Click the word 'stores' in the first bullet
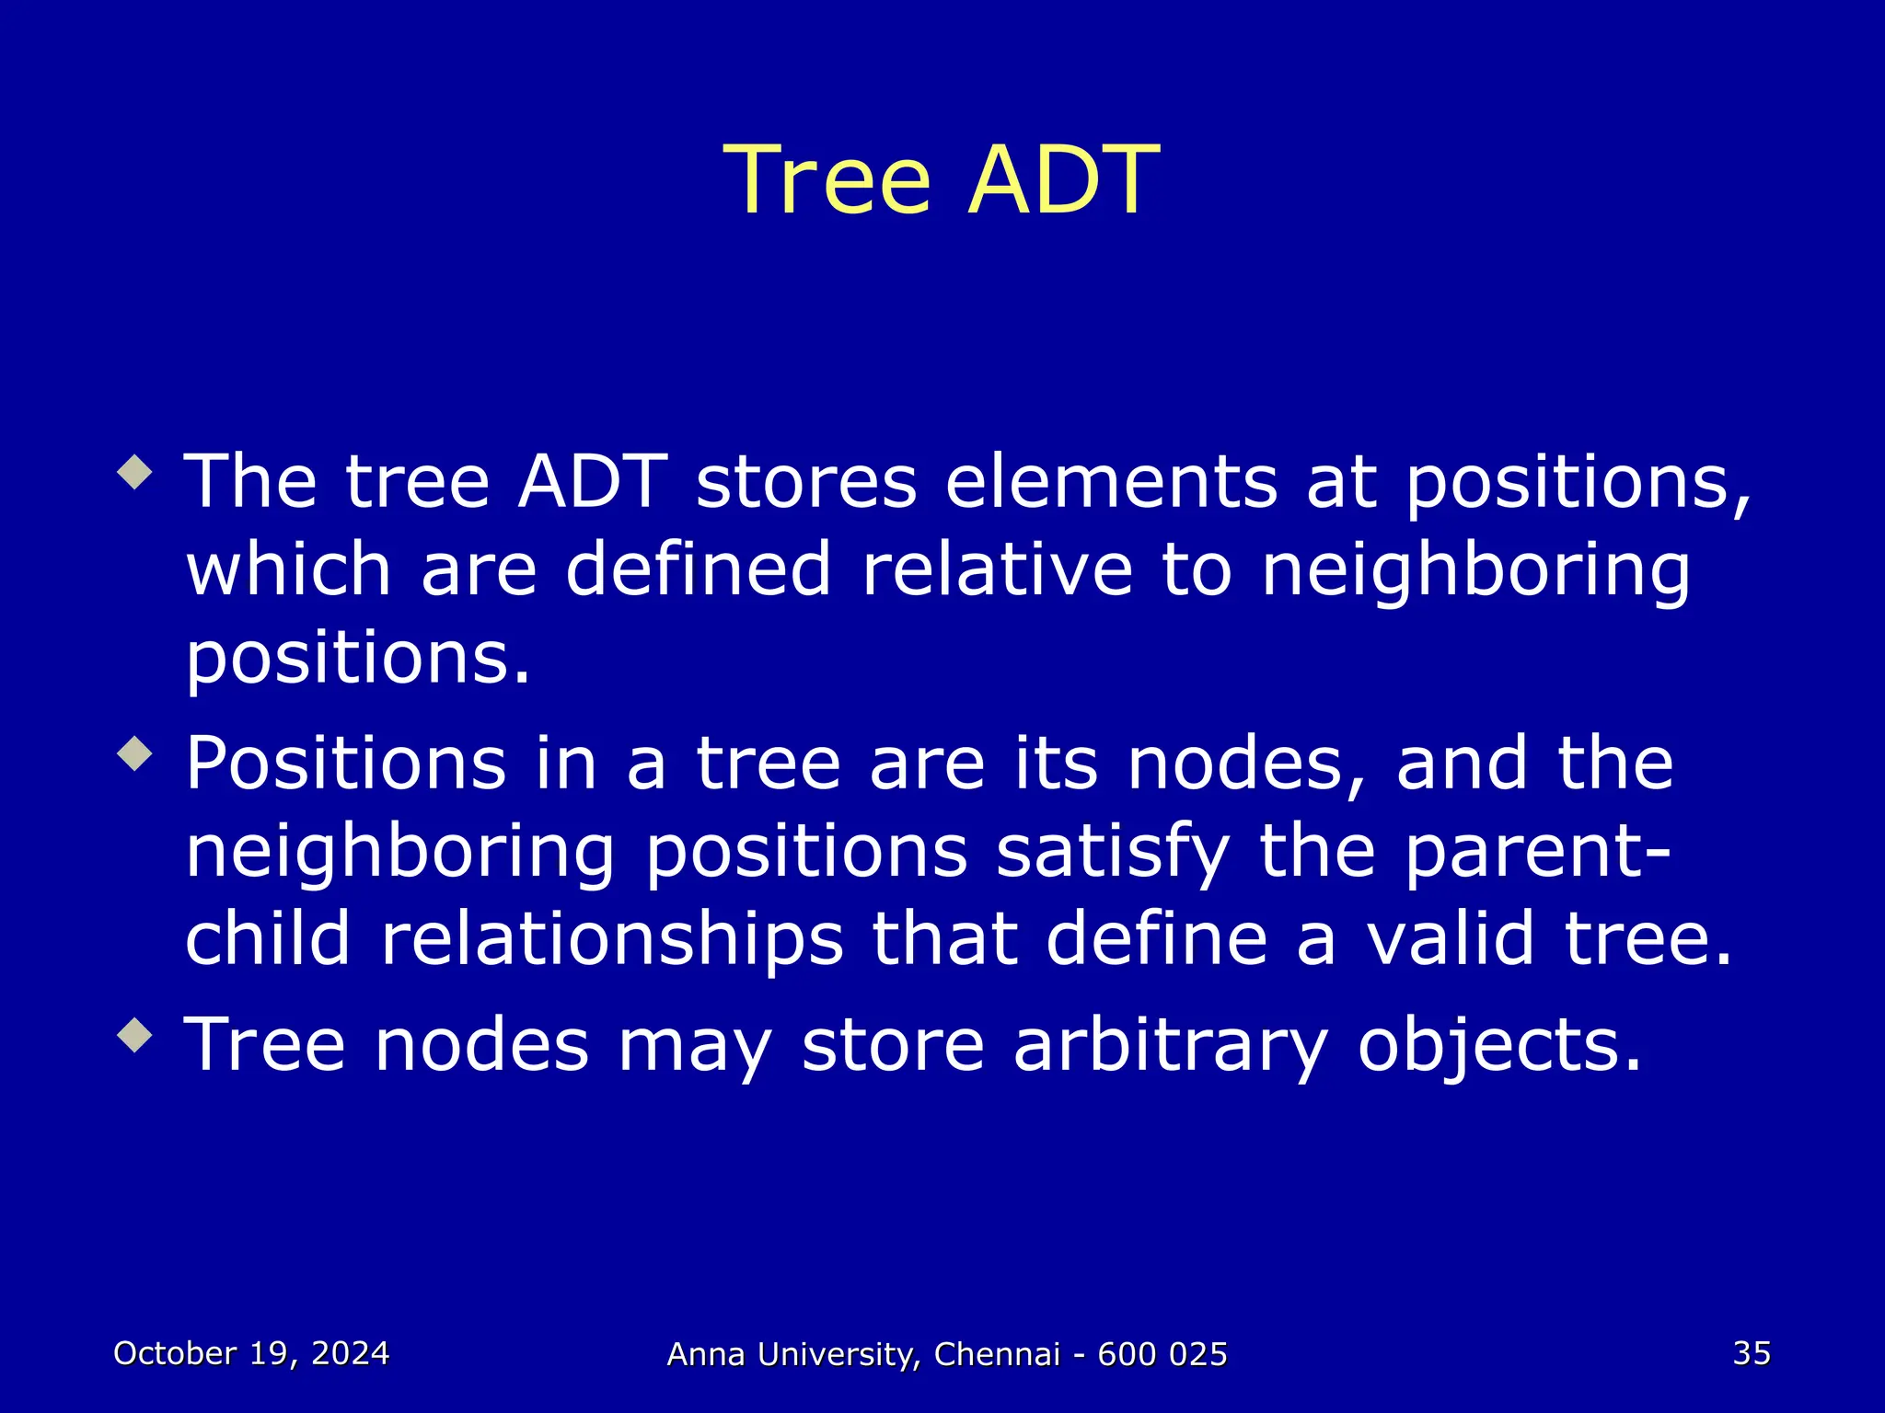[x=806, y=482]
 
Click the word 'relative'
[x=997, y=569]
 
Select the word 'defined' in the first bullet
[x=699, y=569]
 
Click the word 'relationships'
[x=612, y=940]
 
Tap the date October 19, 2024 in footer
[x=251, y=1353]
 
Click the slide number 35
[x=1752, y=1353]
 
